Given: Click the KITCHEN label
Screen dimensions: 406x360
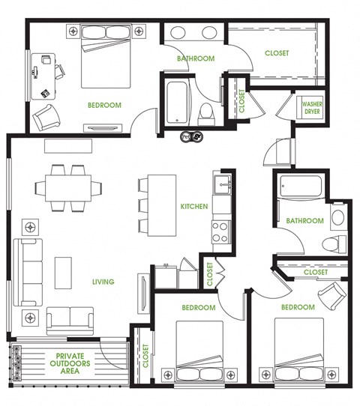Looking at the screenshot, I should pos(193,206).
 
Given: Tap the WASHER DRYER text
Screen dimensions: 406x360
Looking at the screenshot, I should pos(312,107).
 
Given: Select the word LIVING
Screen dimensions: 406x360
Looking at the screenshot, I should pos(103,282).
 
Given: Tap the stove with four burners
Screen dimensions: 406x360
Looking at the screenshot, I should pos(220,232).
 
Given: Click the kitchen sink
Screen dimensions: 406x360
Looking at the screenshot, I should pos(221,184).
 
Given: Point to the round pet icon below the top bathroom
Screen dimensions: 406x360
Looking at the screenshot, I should pos(191,137).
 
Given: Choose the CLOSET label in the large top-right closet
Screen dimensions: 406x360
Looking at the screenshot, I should pos(277,53).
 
